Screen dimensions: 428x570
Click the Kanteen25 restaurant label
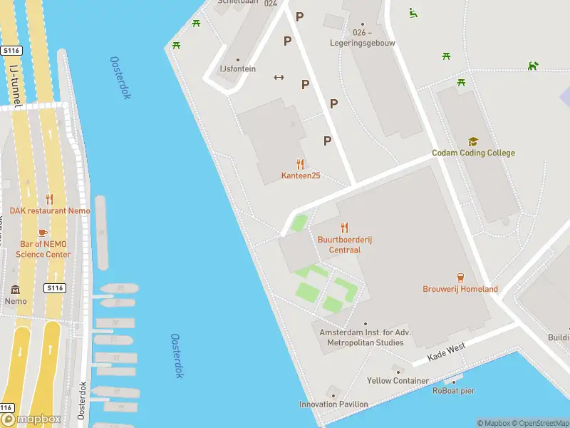300,175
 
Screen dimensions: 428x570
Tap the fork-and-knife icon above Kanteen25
300,164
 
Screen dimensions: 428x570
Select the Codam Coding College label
473,153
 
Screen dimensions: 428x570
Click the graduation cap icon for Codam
473,142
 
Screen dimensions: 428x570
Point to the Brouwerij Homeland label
460,289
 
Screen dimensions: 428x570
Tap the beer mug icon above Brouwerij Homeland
460,277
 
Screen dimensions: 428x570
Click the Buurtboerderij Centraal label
345,245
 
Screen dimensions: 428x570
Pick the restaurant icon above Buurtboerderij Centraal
345,228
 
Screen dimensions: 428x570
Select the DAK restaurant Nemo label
50,210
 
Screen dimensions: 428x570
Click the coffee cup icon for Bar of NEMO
43,233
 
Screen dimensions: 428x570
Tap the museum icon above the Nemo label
15,289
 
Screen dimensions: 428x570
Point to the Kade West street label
446,352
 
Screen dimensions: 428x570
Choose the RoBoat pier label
453,390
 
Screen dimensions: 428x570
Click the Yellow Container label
398,380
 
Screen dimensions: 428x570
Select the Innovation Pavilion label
333,404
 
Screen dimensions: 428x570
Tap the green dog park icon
533,66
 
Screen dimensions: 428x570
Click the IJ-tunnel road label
16,85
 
